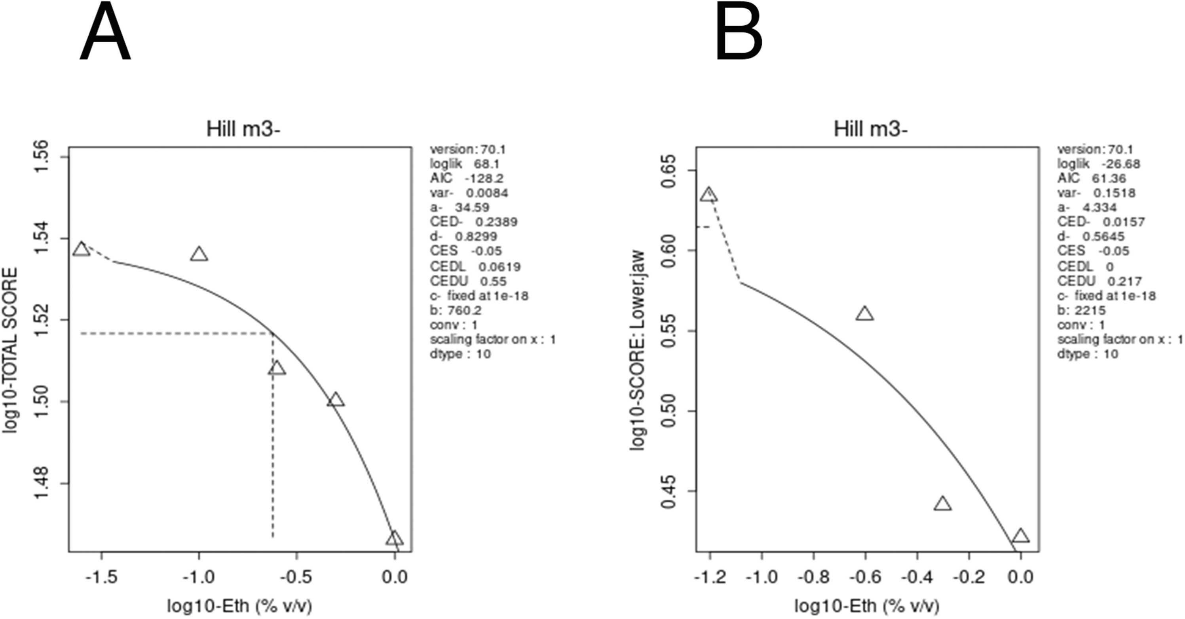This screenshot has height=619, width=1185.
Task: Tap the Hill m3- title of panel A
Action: coord(243,129)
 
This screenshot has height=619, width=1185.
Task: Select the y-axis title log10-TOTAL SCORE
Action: coord(10,350)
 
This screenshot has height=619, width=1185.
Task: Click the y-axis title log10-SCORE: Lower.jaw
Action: coord(638,350)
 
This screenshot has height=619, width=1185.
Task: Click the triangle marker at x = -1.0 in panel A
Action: coord(199,254)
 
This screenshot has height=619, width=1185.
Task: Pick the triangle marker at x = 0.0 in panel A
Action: coord(394,539)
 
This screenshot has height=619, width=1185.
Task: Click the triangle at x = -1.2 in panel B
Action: coord(709,195)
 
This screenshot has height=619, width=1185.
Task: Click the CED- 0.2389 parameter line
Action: coord(473,221)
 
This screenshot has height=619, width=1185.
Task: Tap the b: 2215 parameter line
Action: coord(1081,310)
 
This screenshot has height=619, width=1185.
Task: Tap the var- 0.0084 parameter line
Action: coord(469,192)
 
